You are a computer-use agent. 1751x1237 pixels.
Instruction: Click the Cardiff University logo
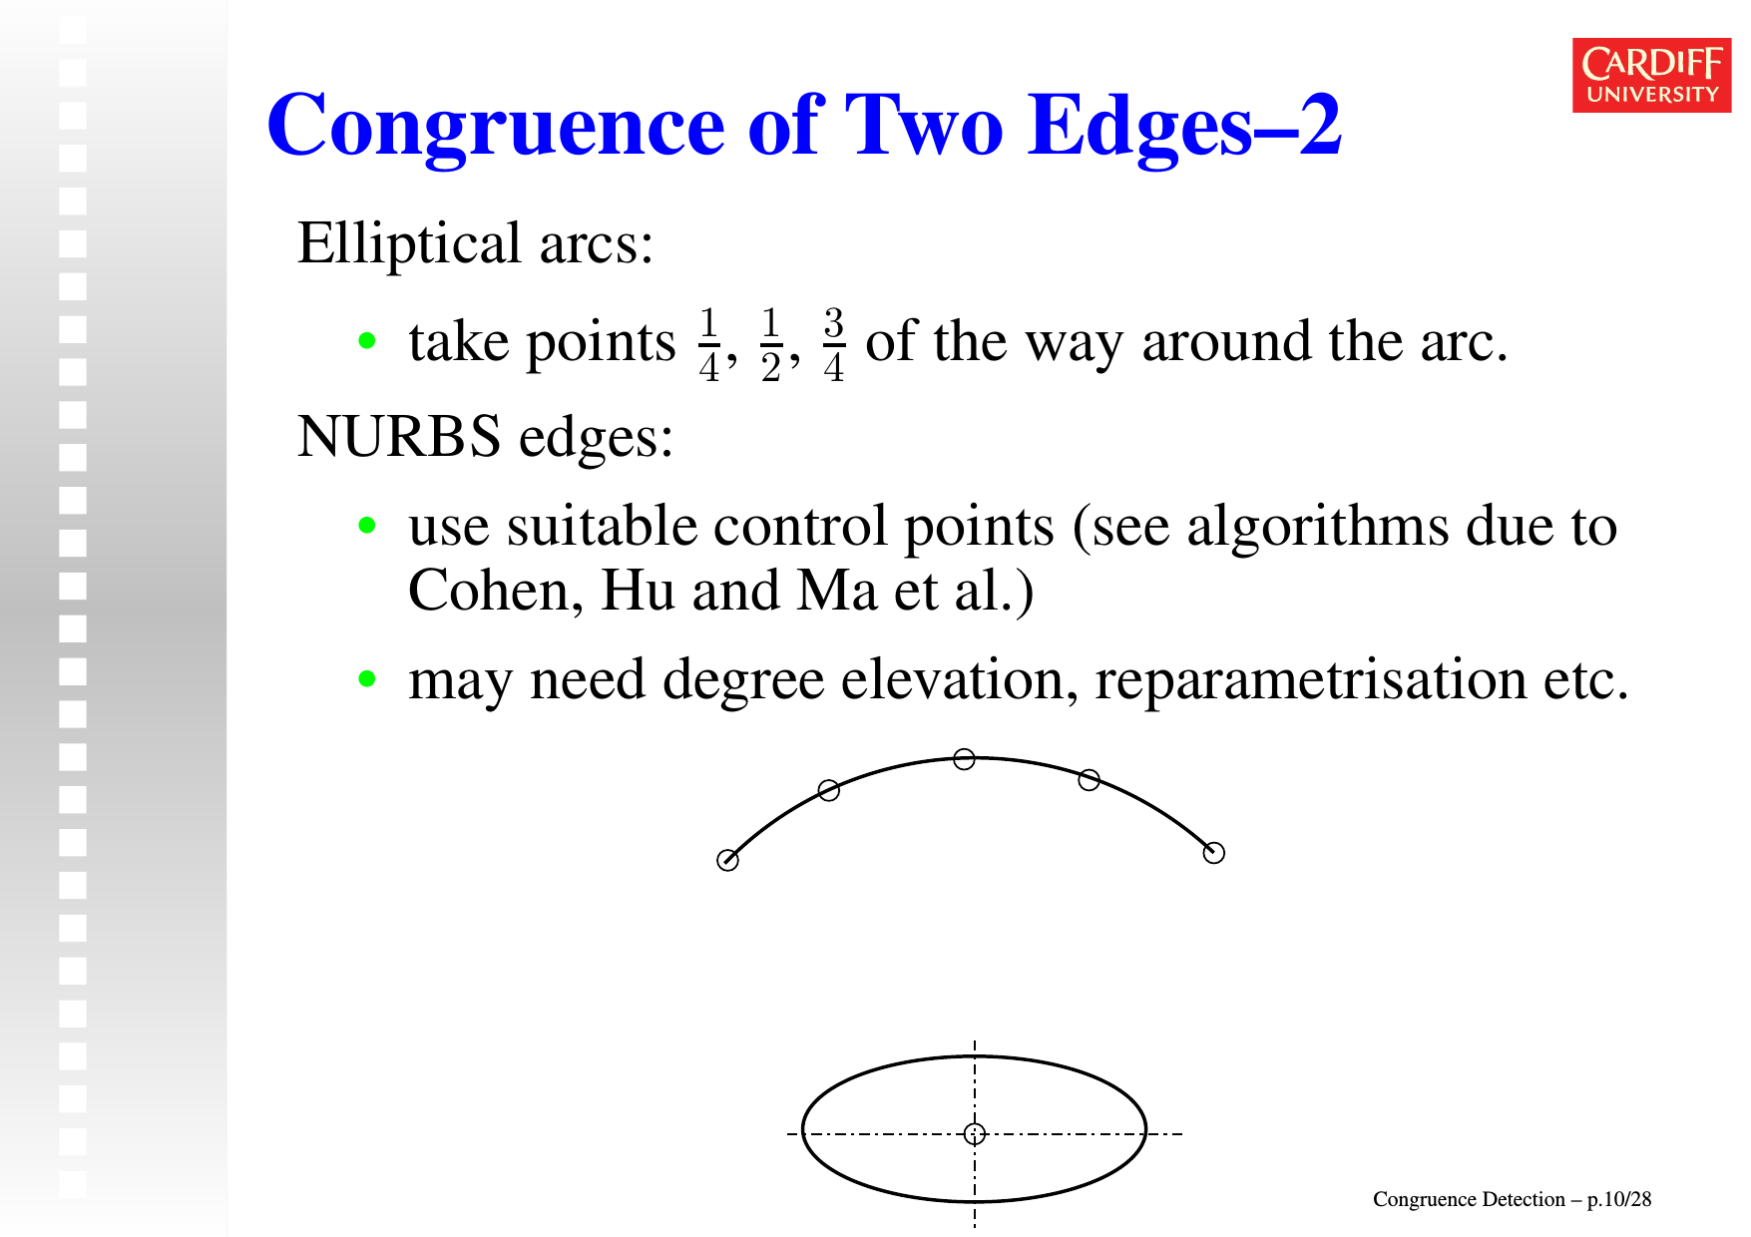(x=1651, y=75)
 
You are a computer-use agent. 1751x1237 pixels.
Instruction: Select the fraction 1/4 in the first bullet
(x=709, y=345)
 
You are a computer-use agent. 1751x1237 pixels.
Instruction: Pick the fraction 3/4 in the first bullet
(x=834, y=345)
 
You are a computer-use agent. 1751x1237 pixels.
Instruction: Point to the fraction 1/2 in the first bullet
(x=771, y=345)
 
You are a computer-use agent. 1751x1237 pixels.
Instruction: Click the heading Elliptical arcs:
(x=476, y=243)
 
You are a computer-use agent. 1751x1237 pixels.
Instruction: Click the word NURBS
(x=399, y=437)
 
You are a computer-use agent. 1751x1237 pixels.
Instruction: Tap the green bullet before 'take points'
(x=367, y=341)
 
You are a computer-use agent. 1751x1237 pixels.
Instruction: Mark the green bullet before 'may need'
(x=367, y=679)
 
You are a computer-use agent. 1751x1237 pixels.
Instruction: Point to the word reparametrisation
(x=1311, y=681)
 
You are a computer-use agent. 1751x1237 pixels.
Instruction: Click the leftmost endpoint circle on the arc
(x=728, y=860)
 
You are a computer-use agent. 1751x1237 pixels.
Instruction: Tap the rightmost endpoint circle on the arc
(x=1214, y=853)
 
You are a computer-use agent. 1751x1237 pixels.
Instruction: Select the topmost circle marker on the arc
(x=964, y=759)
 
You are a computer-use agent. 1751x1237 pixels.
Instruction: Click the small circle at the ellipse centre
(x=975, y=1133)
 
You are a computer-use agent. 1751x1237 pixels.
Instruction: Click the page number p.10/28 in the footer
(x=1619, y=1199)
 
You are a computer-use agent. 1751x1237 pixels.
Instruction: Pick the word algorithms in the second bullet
(x=1317, y=527)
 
